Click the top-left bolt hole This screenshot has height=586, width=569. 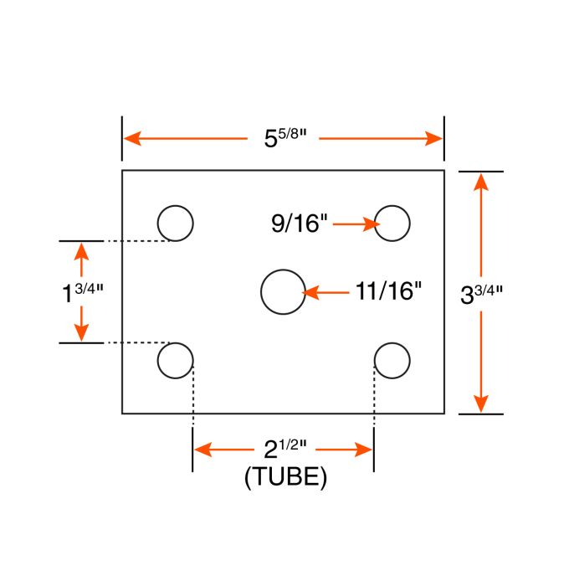click(176, 223)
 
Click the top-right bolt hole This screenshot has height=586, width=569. click(392, 223)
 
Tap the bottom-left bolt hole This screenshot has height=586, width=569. click(176, 361)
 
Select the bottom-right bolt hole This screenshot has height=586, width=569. click(392, 361)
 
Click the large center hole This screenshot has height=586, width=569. click(282, 291)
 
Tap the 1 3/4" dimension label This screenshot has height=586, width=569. click(82, 293)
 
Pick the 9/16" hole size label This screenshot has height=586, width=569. click(298, 223)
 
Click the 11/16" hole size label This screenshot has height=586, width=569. click(387, 291)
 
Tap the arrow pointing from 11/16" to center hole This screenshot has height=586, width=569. click(326, 292)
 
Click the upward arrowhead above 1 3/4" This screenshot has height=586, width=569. click(81, 249)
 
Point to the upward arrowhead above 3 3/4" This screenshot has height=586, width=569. click(481, 181)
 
